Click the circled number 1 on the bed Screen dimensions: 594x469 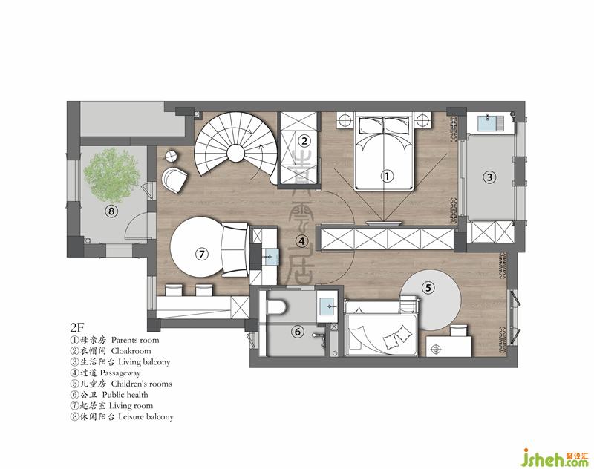coord(387,176)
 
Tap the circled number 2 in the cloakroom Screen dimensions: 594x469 coord(304,141)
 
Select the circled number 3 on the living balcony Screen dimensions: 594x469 coord(489,177)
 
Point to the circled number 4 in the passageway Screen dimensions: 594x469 coord(301,241)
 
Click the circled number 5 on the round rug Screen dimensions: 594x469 coord(428,288)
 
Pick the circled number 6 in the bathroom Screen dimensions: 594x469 coord(298,332)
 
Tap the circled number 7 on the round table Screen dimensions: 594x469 coord(201,254)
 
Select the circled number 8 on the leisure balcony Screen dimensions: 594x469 coord(111,211)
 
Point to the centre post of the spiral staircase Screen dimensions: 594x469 coord(235,154)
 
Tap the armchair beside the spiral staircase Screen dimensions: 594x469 coord(174,180)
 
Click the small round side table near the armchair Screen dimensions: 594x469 coord(172,156)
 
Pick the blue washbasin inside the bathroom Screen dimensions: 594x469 coord(327,304)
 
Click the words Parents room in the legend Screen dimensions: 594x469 coord(135,340)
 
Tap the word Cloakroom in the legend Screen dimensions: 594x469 coord(131,351)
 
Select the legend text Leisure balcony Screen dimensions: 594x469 coord(146,417)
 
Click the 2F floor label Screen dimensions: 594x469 coord(77,327)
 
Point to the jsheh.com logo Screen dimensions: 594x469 coord(554,457)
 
